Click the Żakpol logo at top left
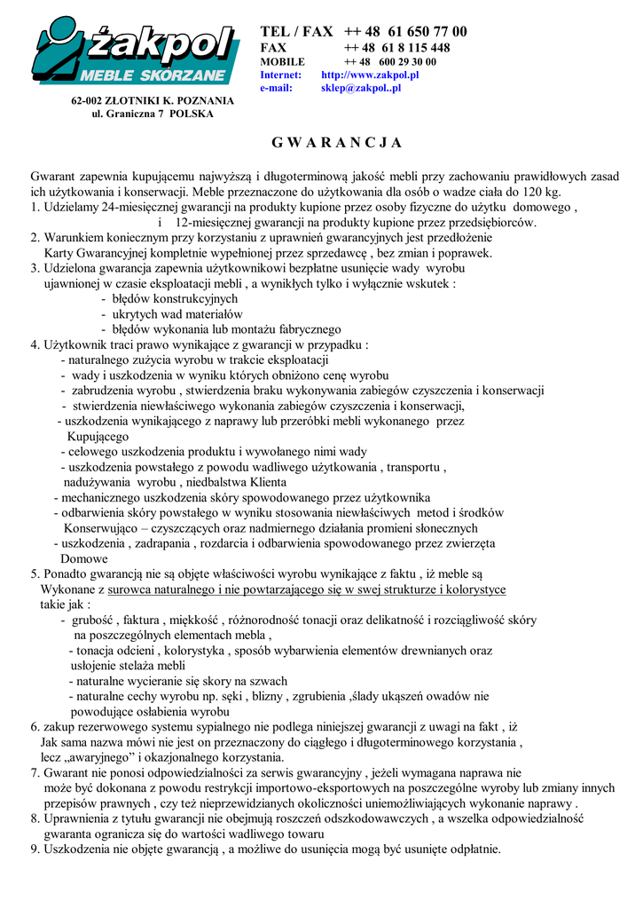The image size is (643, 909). [x=135, y=54]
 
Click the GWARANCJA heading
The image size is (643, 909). [x=336, y=143]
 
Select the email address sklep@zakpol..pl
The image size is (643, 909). [x=361, y=88]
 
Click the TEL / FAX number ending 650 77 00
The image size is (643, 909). [x=405, y=32]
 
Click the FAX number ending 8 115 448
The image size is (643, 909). [x=396, y=47]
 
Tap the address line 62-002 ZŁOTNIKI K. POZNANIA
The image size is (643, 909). [x=153, y=100]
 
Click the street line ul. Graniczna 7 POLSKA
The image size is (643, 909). [x=153, y=114]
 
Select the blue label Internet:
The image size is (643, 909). [x=280, y=75]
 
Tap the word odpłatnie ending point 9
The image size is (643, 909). [x=471, y=850]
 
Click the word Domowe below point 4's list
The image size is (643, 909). [x=83, y=559]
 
